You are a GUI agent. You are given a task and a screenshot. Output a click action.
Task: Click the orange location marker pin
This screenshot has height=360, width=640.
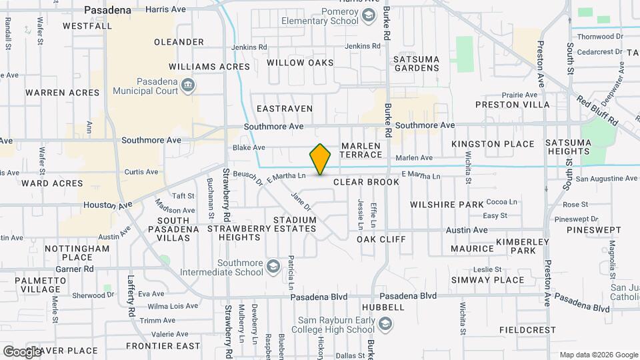tap(321, 159)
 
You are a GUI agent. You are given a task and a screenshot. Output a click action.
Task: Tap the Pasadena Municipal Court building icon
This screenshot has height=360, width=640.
tap(188, 85)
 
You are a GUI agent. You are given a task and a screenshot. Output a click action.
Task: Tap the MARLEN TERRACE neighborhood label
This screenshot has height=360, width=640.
tap(361, 150)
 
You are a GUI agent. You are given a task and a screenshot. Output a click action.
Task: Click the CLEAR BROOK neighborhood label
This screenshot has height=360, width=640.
tap(366, 182)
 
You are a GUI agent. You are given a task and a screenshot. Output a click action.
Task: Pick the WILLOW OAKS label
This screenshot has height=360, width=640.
tap(299, 63)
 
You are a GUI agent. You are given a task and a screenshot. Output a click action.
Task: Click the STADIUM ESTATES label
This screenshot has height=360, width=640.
tap(294, 224)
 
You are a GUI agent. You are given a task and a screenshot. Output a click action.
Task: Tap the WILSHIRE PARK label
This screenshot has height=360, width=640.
tap(446, 205)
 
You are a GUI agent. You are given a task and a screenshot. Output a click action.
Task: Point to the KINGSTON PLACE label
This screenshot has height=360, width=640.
tap(493, 144)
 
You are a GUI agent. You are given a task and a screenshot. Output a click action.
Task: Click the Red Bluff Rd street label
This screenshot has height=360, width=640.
tap(598, 113)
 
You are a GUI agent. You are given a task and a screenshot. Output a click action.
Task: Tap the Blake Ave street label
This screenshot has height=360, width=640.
tap(249, 148)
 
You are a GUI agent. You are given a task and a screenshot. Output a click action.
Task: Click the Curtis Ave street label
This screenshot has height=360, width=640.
tap(141, 171)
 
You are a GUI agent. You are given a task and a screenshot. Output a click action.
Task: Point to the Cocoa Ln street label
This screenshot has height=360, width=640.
tap(502, 201)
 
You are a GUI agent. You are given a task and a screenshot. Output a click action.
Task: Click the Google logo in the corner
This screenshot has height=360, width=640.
tap(21, 351)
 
